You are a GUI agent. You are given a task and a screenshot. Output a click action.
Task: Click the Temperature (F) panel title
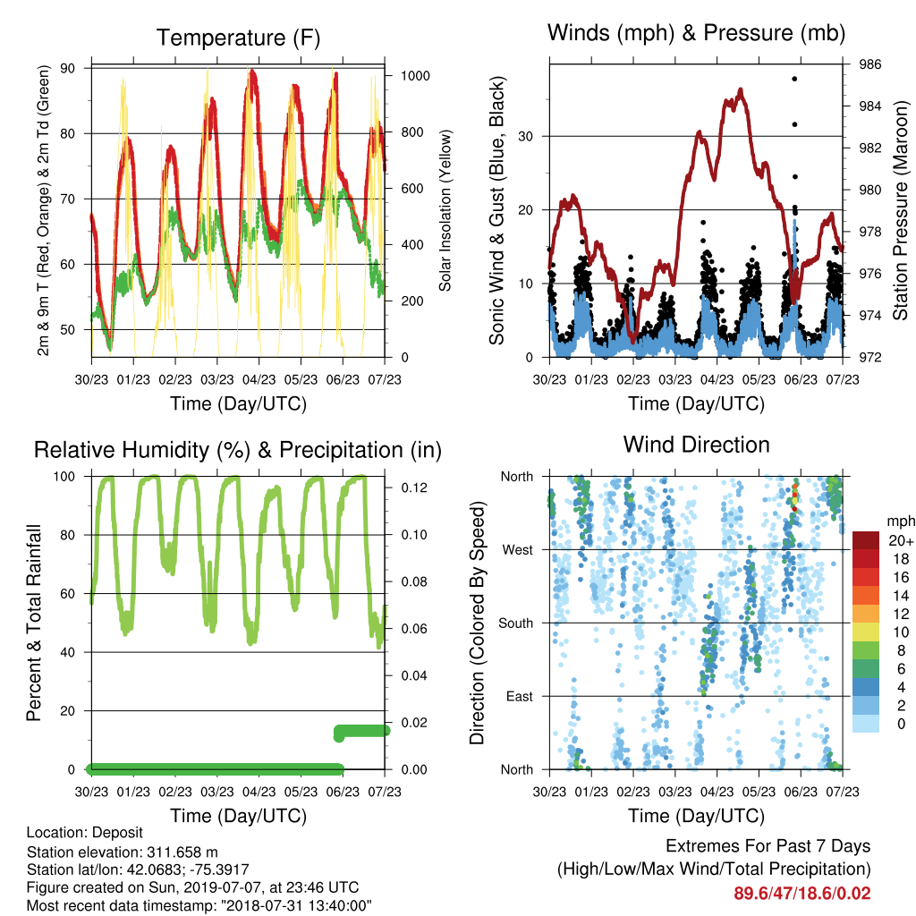tap(238, 38)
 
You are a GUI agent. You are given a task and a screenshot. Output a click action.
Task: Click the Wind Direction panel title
tap(696, 445)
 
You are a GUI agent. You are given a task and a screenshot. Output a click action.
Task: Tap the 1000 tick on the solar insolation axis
tap(415, 76)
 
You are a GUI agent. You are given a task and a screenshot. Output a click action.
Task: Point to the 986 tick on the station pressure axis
tap(869, 64)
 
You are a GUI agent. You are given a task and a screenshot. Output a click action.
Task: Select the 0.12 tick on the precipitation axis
tap(414, 488)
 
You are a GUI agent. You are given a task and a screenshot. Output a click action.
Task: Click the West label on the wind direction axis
tap(518, 550)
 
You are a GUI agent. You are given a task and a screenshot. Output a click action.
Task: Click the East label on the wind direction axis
tap(520, 696)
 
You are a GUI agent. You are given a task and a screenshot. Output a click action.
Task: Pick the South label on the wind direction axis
tap(516, 623)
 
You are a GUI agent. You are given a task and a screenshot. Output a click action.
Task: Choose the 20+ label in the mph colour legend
tap(901, 540)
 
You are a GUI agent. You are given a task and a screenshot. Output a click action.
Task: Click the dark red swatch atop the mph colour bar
tap(866, 539)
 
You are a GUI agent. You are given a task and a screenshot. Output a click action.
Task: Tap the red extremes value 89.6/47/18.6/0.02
tap(802, 894)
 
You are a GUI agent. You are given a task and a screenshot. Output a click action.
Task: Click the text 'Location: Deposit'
tap(85, 833)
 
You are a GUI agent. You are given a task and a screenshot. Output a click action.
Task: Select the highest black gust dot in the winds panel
tap(794, 79)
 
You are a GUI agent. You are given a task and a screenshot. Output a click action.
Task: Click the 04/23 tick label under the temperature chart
tap(259, 379)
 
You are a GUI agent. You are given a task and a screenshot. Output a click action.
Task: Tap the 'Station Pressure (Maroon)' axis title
tap(900, 210)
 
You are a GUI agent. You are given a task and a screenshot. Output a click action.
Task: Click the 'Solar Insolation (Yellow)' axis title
tap(445, 210)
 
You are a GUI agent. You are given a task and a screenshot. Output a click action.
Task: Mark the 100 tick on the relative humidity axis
tap(64, 476)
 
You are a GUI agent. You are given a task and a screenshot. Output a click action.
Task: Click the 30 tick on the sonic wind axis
tap(525, 136)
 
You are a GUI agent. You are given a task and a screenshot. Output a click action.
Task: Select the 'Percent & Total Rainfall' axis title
tap(34, 623)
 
